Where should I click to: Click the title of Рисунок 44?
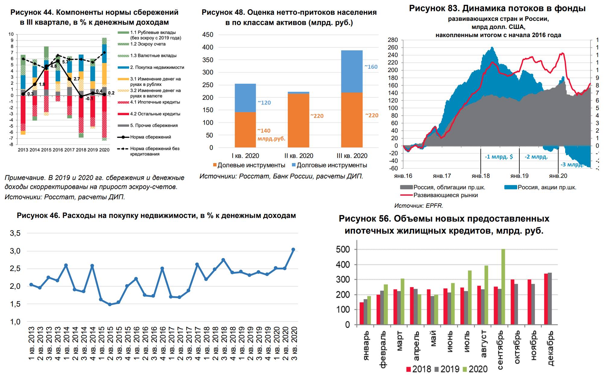(x=94, y=17)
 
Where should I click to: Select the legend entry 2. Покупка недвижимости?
(x=157, y=68)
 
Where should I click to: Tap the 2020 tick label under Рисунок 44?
(x=104, y=150)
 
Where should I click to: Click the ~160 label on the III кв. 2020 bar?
(x=371, y=67)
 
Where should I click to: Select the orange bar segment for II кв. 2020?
(x=299, y=121)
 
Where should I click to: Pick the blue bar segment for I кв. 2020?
(x=245, y=98)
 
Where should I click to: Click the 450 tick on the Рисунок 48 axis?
(x=207, y=35)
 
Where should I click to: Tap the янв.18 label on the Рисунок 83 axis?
(x=481, y=176)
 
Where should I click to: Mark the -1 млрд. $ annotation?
(x=499, y=157)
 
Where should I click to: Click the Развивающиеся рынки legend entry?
(x=445, y=195)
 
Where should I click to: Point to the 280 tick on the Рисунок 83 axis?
(x=393, y=40)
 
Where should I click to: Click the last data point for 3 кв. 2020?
(x=293, y=250)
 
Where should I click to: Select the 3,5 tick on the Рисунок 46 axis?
(x=15, y=233)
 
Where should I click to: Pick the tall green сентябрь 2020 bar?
(x=503, y=286)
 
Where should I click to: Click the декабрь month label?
(x=550, y=348)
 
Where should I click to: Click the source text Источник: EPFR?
(x=419, y=206)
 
